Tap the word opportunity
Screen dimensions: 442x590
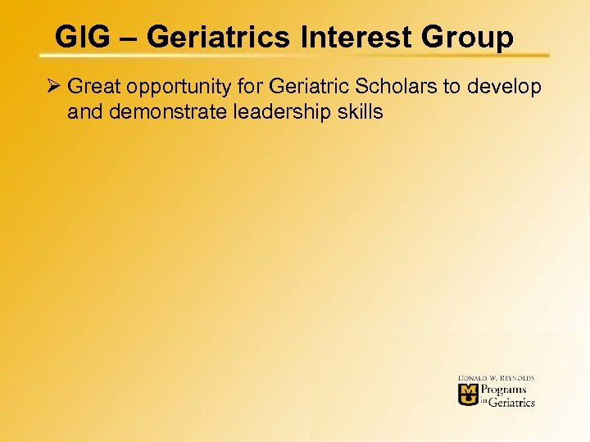click(175, 88)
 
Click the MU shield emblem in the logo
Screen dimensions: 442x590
click(468, 395)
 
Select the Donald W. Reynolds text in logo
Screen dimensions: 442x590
click(496, 378)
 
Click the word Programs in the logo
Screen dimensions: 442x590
click(503, 390)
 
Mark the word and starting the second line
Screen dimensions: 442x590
click(83, 112)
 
